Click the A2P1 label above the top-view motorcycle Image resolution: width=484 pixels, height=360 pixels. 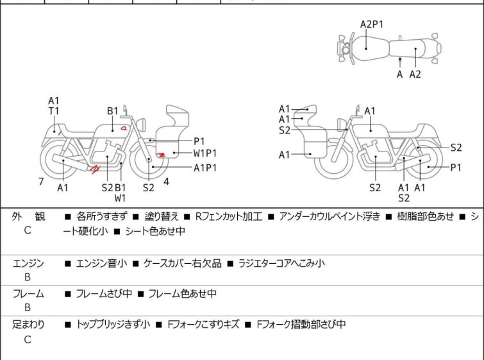(371, 24)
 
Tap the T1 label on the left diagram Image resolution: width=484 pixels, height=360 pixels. (54, 111)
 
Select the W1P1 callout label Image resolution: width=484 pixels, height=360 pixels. (206, 153)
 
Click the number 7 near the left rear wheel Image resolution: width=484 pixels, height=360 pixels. (41, 182)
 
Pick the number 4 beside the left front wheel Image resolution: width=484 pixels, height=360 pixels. (166, 181)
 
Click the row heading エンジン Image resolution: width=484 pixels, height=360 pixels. (28, 263)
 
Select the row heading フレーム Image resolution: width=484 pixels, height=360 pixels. (28, 294)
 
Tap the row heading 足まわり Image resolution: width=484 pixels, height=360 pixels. (28, 325)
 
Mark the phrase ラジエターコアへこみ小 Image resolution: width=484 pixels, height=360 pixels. (281, 263)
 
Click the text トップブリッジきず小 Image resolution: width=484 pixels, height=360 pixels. (113, 325)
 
